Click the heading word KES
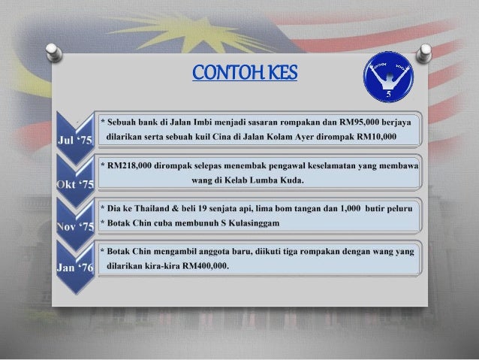click(x=278, y=73)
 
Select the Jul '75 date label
click(x=74, y=141)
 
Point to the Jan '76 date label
click(x=74, y=267)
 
